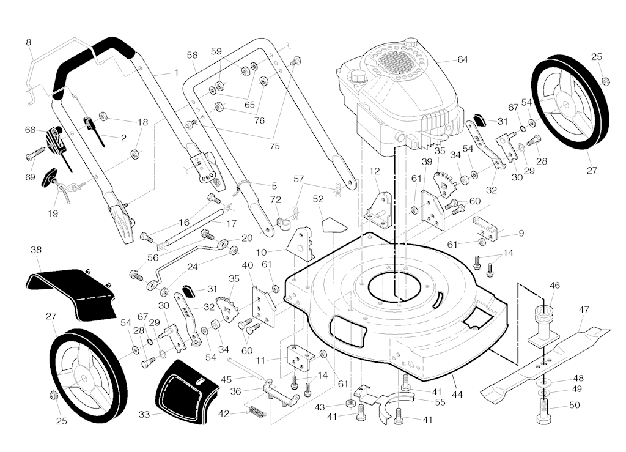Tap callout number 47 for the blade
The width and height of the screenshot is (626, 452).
[x=584, y=310]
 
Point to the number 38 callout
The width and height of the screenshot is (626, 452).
[x=36, y=250]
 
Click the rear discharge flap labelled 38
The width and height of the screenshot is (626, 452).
[x=70, y=291]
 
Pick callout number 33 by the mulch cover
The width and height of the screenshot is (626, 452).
[x=144, y=414]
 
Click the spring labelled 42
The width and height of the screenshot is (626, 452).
[x=257, y=412]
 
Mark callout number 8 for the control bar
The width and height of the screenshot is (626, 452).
[x=29, y=42]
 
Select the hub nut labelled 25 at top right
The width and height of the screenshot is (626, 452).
[x=606, y=81]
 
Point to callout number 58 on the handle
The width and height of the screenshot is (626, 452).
[x=193, y=55]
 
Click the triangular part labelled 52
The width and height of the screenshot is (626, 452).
[x=334, y=225]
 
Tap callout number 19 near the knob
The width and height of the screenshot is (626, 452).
[x=53, y=213]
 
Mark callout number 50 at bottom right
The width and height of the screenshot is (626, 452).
[x=575, y=405]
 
